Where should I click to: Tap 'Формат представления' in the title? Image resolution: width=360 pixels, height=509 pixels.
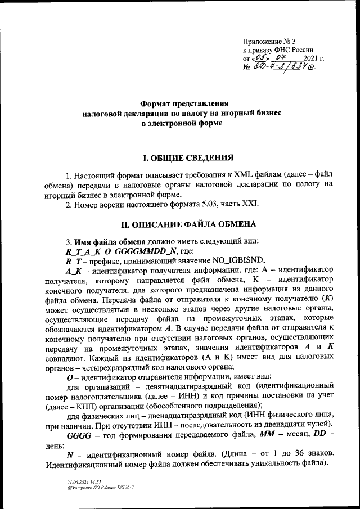(x=184, y=103)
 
